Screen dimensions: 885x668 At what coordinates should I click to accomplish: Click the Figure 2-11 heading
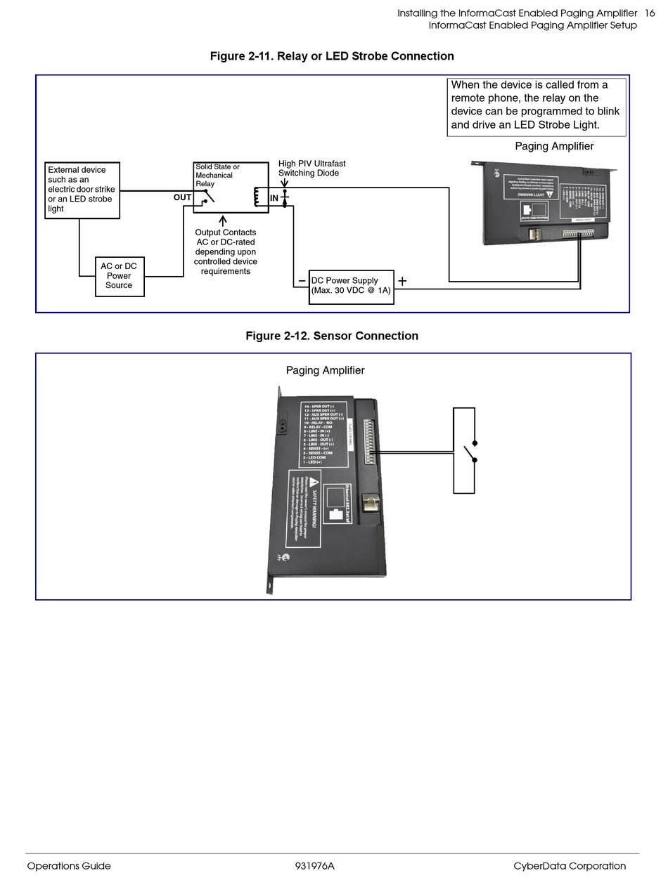click(332, 56)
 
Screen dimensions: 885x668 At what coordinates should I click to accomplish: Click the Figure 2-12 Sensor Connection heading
click(332, 336)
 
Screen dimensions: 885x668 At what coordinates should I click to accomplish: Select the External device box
click(82, 190)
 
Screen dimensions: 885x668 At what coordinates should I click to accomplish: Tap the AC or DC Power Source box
click(120, 276)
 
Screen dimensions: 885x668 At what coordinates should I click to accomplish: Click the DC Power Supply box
click(351, 286)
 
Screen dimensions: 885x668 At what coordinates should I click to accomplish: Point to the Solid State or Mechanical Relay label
click(217, 176)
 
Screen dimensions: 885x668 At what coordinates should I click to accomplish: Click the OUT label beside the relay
click(182, 197)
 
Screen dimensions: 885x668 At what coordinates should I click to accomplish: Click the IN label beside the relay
click(274, 199)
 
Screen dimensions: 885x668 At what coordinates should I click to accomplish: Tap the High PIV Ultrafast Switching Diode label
click(311, 169)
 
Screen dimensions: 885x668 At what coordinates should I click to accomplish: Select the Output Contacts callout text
click(225, 251)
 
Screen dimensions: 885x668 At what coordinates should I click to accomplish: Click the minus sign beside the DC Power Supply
click(302, 281)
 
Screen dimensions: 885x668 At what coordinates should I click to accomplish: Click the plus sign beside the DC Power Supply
click(402, 282)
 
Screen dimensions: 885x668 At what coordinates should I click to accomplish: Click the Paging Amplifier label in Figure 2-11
click(554, 146)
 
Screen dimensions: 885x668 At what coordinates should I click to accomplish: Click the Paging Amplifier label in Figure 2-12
click(325, 370)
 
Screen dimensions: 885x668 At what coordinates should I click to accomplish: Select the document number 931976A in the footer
click(314, 866)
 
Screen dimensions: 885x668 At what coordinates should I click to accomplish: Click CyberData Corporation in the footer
click(570, 866)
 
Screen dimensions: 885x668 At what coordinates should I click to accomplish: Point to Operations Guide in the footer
click(69, 866)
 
